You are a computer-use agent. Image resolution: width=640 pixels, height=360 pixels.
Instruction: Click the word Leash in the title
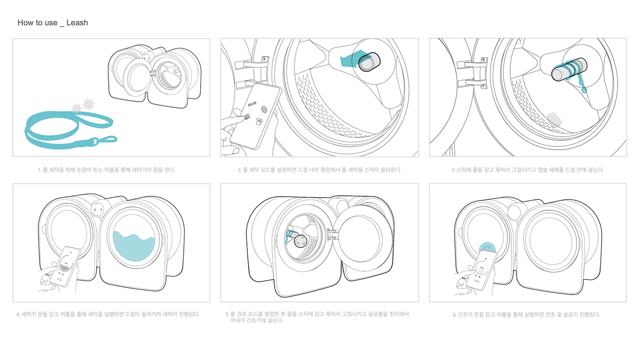[x=77, y=22]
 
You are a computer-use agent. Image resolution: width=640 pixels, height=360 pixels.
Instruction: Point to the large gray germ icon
[x=88, y=104]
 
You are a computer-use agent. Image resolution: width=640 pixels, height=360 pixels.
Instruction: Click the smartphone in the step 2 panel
[x=256, y=116]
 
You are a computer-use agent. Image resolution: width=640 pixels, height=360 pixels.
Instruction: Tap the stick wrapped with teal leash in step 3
[x=569, y=70]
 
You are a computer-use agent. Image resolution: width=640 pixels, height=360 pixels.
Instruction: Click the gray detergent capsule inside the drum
[x=554, y=119]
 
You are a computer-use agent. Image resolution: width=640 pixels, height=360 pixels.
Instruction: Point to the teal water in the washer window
[x=133, y=246]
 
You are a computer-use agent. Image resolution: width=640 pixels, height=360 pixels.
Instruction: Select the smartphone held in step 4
[x=65, y=266]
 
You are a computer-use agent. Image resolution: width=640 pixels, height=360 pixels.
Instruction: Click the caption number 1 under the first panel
[x=40, y=170]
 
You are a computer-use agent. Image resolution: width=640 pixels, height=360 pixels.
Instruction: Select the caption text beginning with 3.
[x=528, y=170]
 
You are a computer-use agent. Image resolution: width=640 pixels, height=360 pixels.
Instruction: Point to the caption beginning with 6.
[x=526, y=315]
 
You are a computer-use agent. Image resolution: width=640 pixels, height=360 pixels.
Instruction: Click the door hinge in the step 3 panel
[x=472, y=73]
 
